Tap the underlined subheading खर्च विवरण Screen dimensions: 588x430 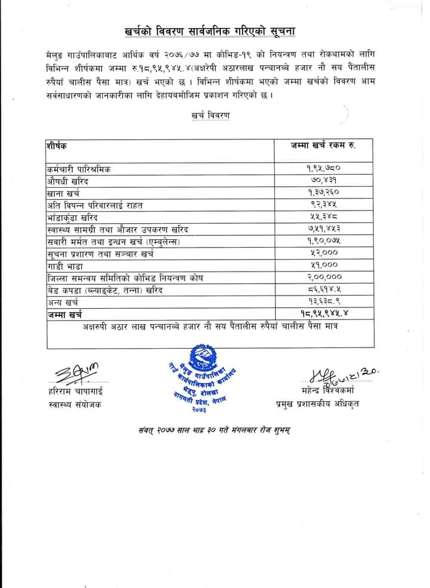[x=211, y=114]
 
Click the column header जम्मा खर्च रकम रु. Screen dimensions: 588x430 [x=323, y=145]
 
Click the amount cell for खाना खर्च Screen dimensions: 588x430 [x=327, y=193]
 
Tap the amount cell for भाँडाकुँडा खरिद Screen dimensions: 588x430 [x=328, y=217]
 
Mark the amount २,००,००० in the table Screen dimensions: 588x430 [x=327, y=278]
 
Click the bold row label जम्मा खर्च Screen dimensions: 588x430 [x=64, y=314]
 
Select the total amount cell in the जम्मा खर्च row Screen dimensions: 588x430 [x=327, y=314]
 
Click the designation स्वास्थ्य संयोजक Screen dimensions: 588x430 [x=75, y=405]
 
